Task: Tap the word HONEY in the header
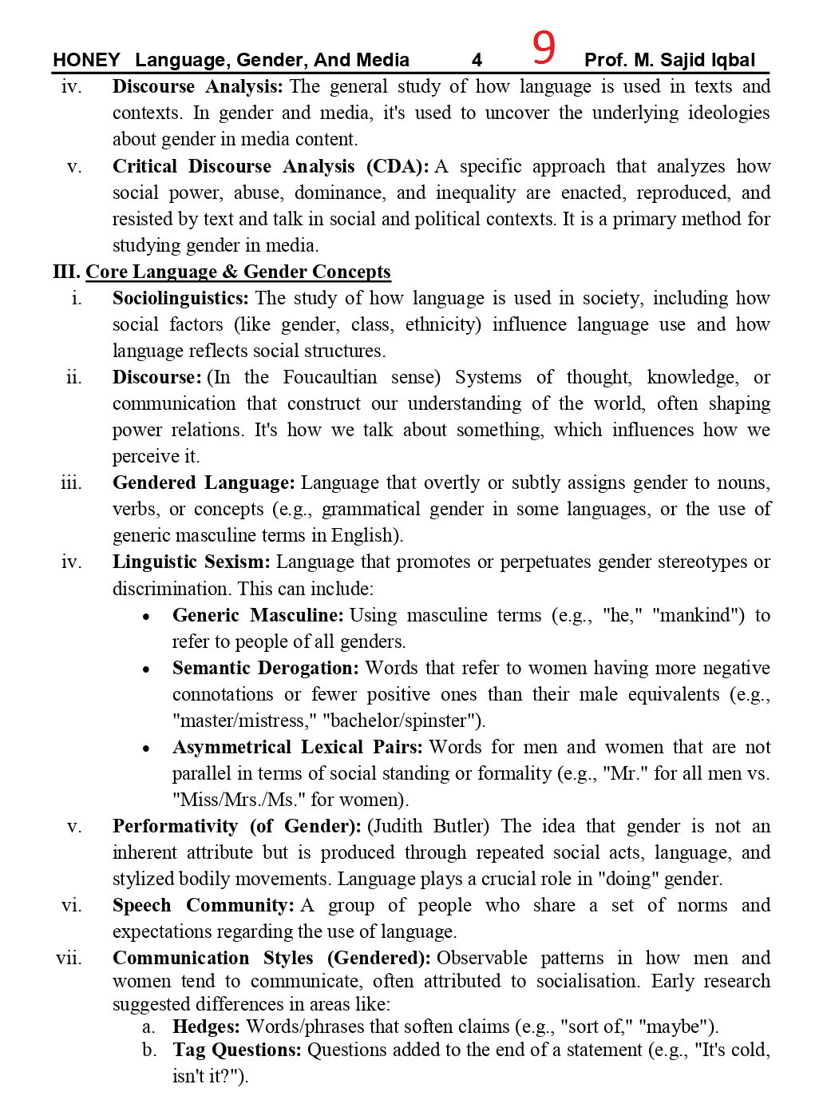[x=86, y=60]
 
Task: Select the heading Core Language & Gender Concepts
[x=238, y=272]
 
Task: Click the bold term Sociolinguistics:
[x=180, y=299]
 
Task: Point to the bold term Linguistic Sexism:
[x=192, y=562]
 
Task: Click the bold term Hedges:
[x=206, y=1027]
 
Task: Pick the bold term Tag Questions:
[x=237, y=1050]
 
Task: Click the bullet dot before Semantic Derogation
[x=146, y=669]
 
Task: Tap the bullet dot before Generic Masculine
[x=146, y=617]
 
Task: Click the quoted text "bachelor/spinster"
[x=403, y=721]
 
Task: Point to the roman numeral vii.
[x=69, y=958]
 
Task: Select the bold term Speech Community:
[x=204, y=905]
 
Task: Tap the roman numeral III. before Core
[x=66, y=272]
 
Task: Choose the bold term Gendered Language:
[x=204, y=483]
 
